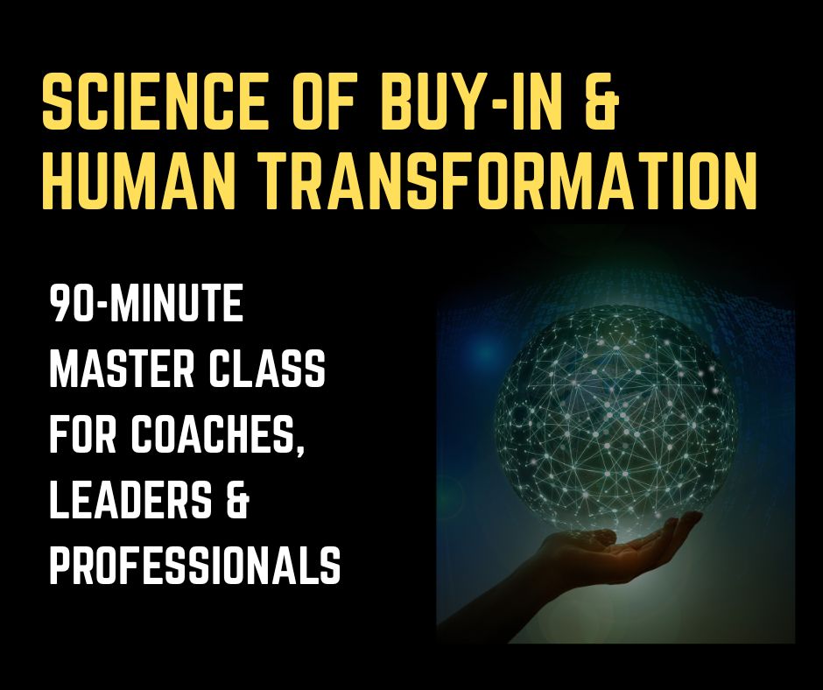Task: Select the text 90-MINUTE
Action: (146, 304)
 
